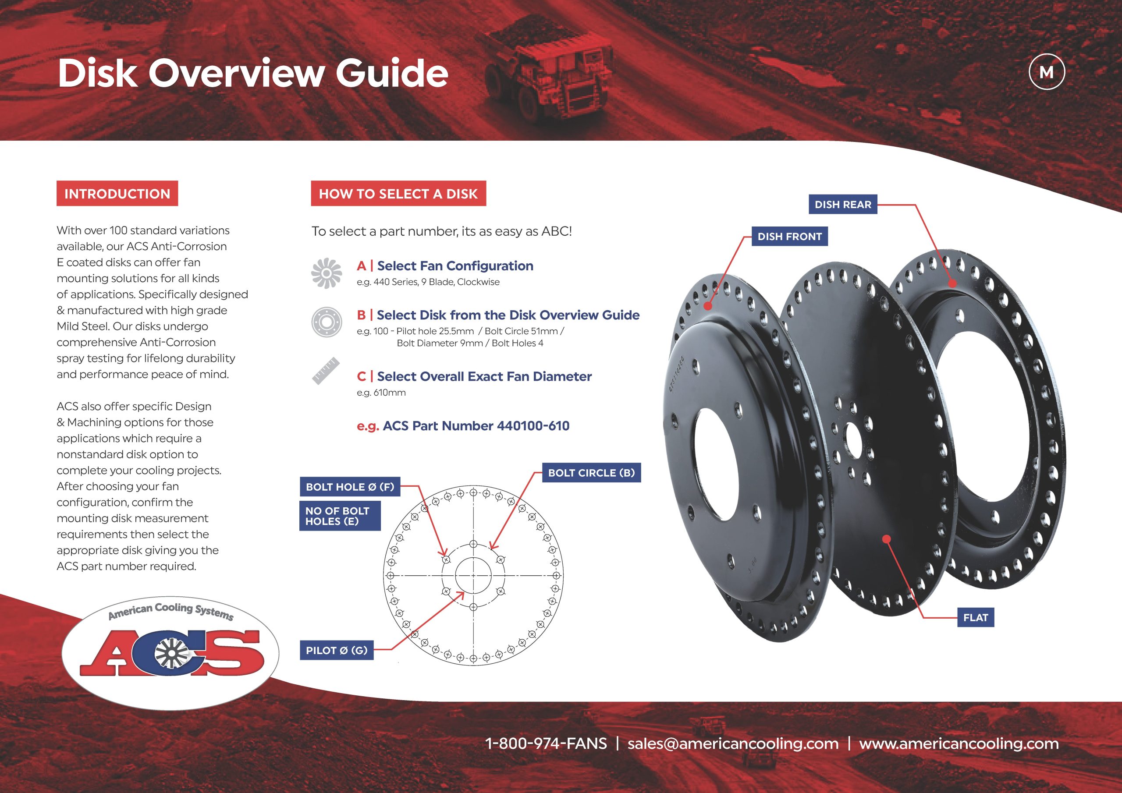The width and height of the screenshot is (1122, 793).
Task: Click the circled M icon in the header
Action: [x=1046, y=72]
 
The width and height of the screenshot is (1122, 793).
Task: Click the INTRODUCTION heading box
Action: [x=117, y=194]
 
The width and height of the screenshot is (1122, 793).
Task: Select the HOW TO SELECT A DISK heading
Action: [x=398, y=194]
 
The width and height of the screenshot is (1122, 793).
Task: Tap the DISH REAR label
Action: [x=842, y=204]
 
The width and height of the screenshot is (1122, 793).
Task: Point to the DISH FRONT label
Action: [x=789, y=237]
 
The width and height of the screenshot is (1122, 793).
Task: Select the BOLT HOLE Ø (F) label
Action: [x=349, y=487]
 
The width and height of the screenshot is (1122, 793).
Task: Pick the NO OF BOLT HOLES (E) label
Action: [x=339, y=516]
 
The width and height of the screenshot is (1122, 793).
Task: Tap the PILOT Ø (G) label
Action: [x=336, y=650]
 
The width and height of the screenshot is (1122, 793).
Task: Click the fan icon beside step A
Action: [x=327, y=273]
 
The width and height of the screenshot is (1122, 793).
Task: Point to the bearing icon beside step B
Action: [x=327, y=322]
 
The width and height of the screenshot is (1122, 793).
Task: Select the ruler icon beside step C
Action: [x=326, y=372]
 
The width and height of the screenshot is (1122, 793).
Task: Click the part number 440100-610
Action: [x=533, y=425]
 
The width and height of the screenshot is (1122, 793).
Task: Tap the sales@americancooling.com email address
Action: [x=732, y=743]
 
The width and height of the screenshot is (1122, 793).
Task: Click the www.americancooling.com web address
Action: [x=959, y=743]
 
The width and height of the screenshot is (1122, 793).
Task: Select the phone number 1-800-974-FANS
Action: [x=546, y=743]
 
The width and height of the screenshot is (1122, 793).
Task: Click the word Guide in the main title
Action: [x=391, y=73]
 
